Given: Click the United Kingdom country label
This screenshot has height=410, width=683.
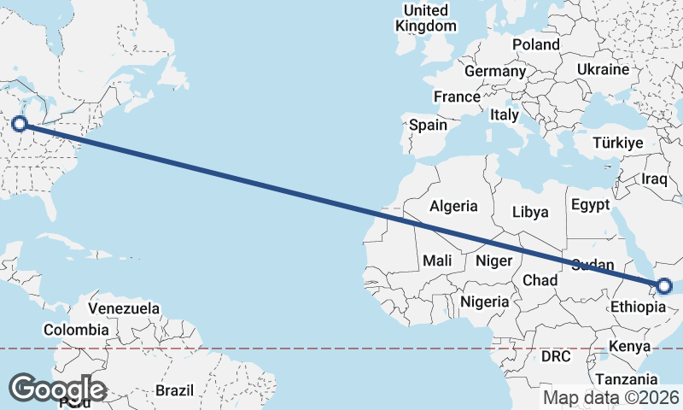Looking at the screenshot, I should pyautogui.click(x=426, y=18).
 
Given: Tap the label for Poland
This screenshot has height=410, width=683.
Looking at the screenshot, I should pyautogui.click(x=535, y=44).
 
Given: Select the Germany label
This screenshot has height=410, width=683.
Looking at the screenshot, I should pyautogui.click(x=495, y=71).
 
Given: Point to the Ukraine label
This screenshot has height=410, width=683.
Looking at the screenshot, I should pyautogui.click(x=603, y=69).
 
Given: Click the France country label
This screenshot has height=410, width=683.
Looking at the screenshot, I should pyautogui.click(x=457, y=97).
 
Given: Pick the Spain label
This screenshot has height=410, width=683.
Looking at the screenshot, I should pyautogui.click(x=428, y=125).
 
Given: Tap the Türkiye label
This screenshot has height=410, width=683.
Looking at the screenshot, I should pyautogui.click(x=618, y=143).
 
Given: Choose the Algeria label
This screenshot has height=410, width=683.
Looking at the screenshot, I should pyautogui.click(x=453, y=206).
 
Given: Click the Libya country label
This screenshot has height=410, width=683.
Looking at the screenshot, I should pyautogui.click(x=529, y=212).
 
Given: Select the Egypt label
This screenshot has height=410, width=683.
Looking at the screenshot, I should pyautogui.click(x=590, y=205).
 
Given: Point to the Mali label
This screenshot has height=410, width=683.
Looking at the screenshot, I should pyautogui.click(x=437, y=260).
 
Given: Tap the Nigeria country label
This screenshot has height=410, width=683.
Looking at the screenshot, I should pyautogui.click(x=485, y=302).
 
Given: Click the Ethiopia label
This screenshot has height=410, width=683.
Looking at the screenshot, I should pyautogui.click(x=637, y=307).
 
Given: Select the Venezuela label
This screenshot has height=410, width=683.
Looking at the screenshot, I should pyautogui.click(x=124, y=307).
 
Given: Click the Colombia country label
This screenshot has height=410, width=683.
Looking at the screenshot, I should pyautogui.click(x=77, y=329).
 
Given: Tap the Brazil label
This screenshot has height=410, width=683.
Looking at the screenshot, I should pyautogui.click(x=175, y=390).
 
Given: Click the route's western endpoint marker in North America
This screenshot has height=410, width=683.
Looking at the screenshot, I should pyautogui.click(x=19, y=125).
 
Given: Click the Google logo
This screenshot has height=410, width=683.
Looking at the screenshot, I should pyautogui.click(x=57, y=389).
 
